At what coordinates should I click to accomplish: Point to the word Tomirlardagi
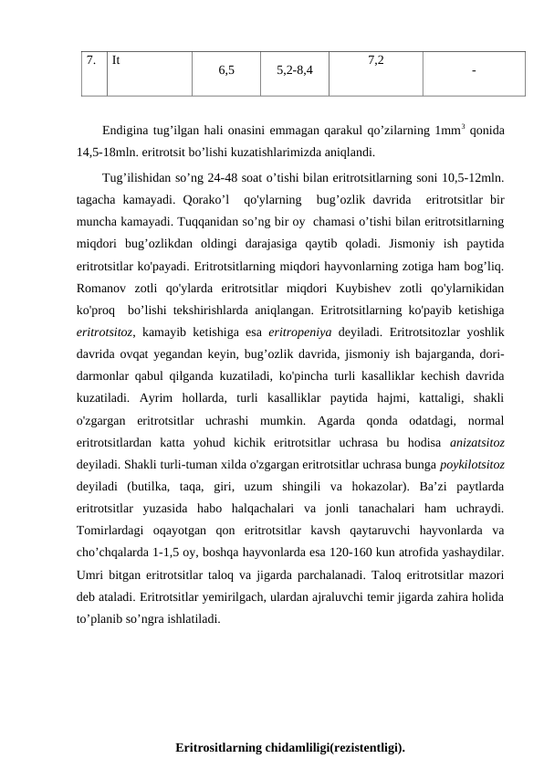tap(115, 530)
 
